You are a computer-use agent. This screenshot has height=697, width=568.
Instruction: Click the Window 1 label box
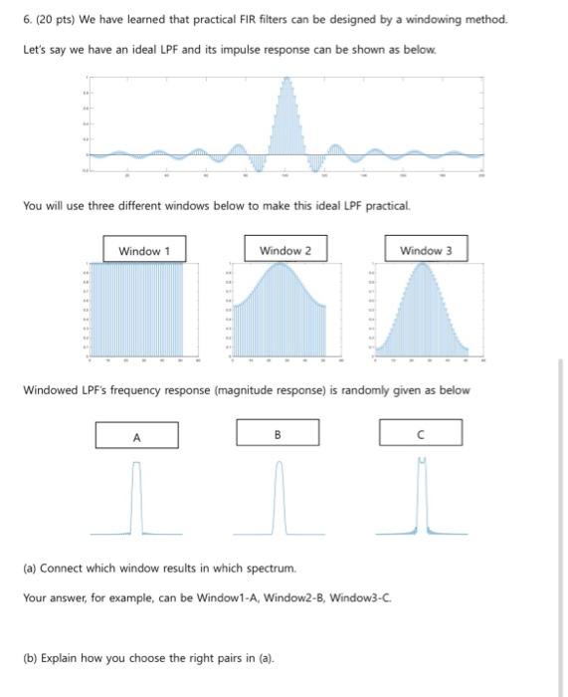[x=144, y=250]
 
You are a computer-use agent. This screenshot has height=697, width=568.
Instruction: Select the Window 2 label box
[x=284, y=250]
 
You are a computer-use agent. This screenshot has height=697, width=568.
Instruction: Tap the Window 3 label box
[x=426, y=250]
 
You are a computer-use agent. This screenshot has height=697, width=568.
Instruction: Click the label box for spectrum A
[x=136, y=435]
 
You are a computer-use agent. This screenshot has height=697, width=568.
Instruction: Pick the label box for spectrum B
[x=278, y=433]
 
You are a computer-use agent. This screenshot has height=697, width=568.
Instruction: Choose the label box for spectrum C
[x=420, y=433]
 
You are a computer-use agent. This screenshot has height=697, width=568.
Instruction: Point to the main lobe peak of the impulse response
[x=286, y=80]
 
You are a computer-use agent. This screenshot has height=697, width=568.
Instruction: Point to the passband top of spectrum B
[x=279, y=465]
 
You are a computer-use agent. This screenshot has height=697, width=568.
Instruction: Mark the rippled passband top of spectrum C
[x=421, y=461]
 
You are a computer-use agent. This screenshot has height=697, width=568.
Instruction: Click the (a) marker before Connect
[x=29, y=568]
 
